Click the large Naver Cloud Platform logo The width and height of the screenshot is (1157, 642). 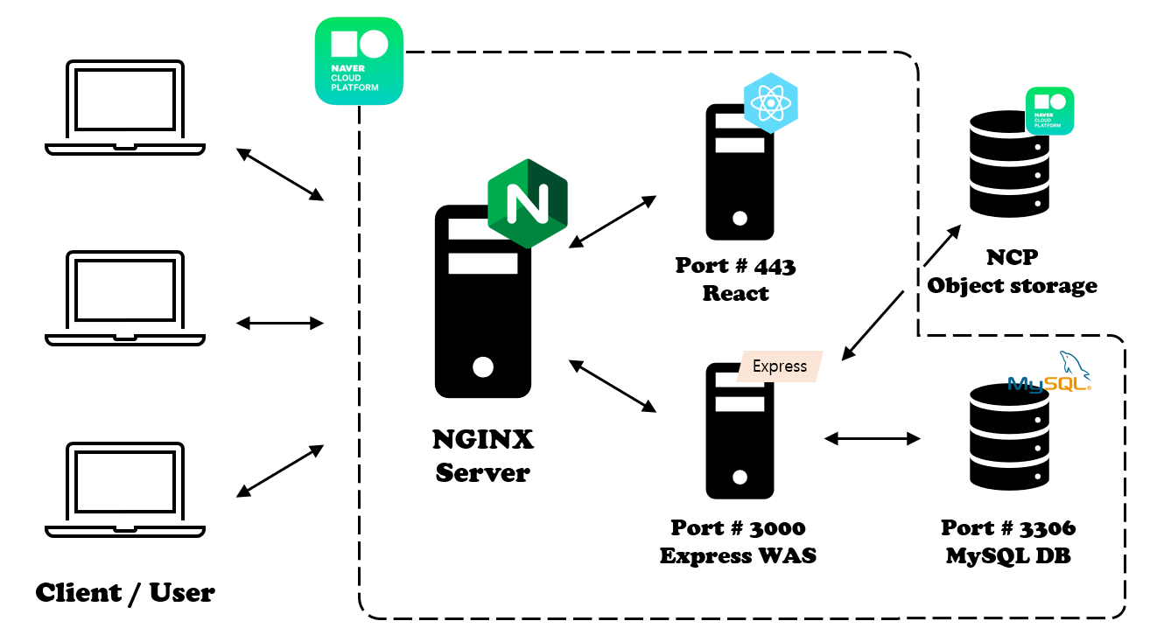pyautogui.click(x=359, y=61)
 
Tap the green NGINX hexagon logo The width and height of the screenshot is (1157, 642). pyautogui.click(x=527, y=204)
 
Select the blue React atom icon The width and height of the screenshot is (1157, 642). pyautogui.click(x=770, y=103)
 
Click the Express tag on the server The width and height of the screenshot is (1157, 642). pyautogui.click(x=779, y=366)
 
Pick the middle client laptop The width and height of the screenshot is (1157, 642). pyautogui.click(x=125, y=297)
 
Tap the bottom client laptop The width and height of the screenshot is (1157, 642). pyautogui.click(x=125, y=489)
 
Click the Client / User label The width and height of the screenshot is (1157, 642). pyautogui.click(x=125, y=593)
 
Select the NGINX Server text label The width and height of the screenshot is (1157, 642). pyautogui.click(x=482, y=456)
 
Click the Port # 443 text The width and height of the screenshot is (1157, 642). pyautogui.click(x=735, y=265)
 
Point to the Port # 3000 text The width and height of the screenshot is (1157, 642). pyautogui.click(x=738, y=527)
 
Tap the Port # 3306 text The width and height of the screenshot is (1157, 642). pyautogui.click(x=1008, y=527)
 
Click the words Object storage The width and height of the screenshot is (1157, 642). pyautogui.click(x=1012, y=285)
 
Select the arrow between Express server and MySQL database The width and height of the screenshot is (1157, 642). pyautogui.click(x=873, y=438)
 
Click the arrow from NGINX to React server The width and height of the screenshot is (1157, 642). pyautogui.click(x=612, y=221)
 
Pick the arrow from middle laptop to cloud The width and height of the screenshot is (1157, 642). pyautogui.click(x=280, y=323)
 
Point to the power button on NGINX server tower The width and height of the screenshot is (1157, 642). pyautogui.click(x=482, y=366)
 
